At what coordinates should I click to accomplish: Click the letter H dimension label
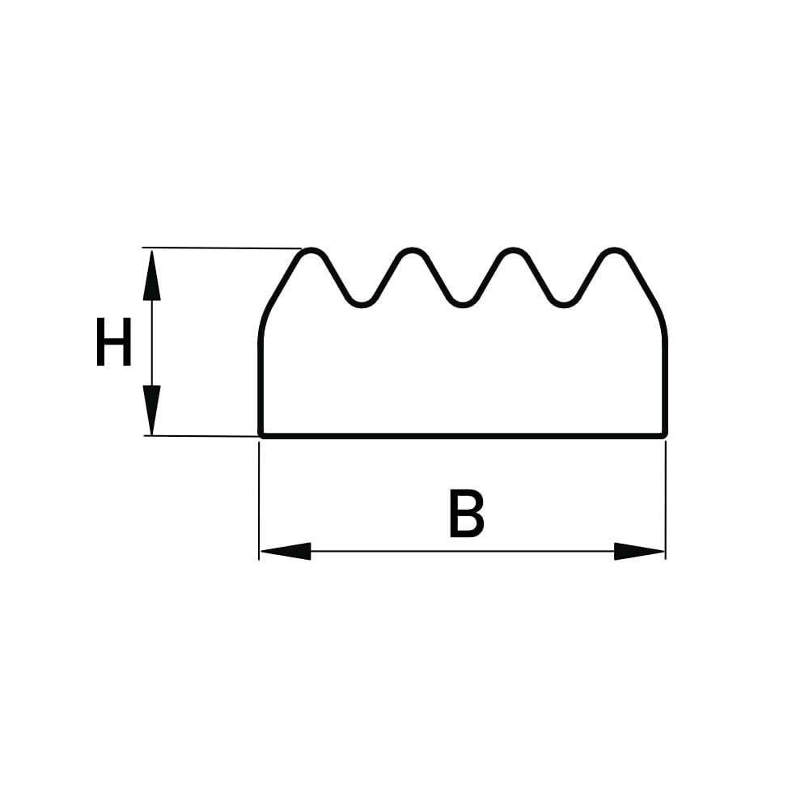114,341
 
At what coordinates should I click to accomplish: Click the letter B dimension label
467,514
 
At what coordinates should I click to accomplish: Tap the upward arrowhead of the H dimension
152,274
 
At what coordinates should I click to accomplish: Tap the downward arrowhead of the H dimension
152,410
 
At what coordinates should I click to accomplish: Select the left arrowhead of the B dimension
286,551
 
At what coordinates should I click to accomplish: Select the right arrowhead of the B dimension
639,551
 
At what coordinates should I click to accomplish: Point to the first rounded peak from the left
311,250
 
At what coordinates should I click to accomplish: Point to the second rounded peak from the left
413,250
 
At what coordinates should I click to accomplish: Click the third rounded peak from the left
514,250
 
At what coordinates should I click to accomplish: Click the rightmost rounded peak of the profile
615,250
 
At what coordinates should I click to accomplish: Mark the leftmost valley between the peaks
362,305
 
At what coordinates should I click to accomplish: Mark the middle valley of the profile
463,305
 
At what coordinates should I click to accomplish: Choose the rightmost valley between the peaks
564,305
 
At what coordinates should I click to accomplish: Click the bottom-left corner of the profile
261,435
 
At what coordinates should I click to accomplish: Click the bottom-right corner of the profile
664,435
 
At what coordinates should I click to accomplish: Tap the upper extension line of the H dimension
222,248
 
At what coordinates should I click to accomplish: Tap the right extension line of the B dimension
666,499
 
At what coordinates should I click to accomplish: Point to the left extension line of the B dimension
259,501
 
